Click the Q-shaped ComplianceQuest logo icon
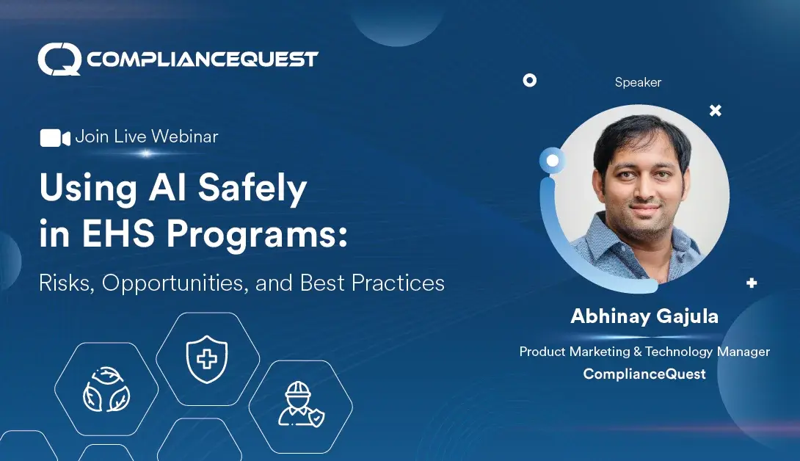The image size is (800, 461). point(59,59)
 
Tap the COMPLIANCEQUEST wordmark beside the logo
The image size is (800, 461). point(202,59)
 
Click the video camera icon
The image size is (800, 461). point(55,137)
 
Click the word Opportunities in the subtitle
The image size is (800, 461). point(176,283)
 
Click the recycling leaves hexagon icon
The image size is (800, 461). point(106,389)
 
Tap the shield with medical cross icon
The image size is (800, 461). point(207,359)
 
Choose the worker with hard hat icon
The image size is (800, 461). point(301,404)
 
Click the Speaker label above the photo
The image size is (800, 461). point(638,83)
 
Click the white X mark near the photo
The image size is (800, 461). point(715,111)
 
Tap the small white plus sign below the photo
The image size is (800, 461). point(751,283)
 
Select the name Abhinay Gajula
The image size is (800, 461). point(644,317)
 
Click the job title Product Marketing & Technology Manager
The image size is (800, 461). point(644,352)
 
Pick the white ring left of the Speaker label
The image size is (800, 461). point(529,81)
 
